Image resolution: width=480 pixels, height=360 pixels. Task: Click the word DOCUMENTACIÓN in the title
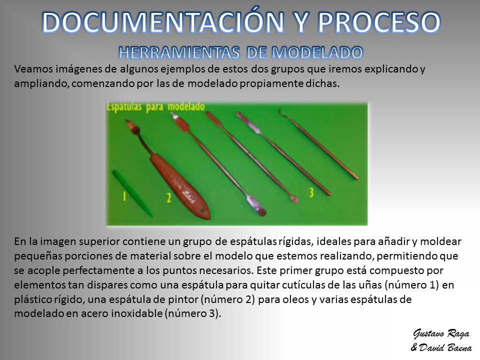pyautogui.click(x=163, y=21)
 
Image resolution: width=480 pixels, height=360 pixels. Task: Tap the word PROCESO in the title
pyautogui.click(x=379, y=22)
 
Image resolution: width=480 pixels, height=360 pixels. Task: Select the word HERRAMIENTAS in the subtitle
pyautogui.click(x=179, y=52)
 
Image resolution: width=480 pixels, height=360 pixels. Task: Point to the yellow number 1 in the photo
pyautogui.click(x=124, y=196)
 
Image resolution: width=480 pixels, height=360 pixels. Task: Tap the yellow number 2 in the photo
pyautogui.click(x=168, y=198)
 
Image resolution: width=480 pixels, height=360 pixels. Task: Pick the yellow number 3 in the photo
pyautogui.click(x=311, y=192)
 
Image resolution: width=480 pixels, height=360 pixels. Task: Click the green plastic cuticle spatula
pyautogui.click(x=132, y=193)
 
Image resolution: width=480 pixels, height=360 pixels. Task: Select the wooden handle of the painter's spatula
pyautogui.click(x=180, y=186)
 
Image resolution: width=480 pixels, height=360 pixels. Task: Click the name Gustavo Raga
pyautogui.click(x=441, y=333)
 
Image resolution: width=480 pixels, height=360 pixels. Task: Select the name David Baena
pyautogui.click(x=445, y=347)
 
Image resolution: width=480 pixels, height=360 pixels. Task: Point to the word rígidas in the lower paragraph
pyautogui.click(x=295, y=241)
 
